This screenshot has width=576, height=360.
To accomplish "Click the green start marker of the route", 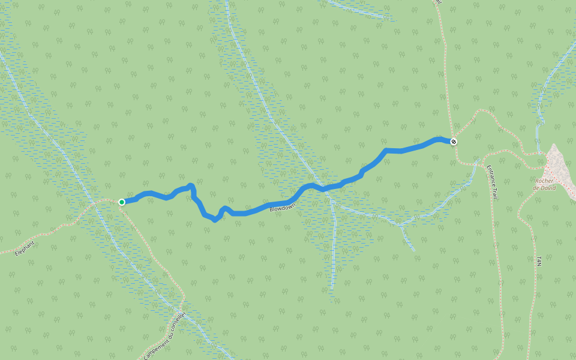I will [122, 202].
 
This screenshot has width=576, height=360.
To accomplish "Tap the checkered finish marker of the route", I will [454, 142].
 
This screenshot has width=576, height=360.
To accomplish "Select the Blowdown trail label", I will [283, 208].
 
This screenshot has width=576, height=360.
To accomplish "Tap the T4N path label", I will [539, 261].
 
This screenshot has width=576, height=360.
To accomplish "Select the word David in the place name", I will [547, 188].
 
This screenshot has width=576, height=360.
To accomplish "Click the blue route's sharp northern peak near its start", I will [191, 185].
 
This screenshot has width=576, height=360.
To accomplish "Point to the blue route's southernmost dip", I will [215, 220].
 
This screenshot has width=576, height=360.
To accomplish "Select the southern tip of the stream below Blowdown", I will [331, 289].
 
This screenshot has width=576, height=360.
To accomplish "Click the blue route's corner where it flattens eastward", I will [386, 150].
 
